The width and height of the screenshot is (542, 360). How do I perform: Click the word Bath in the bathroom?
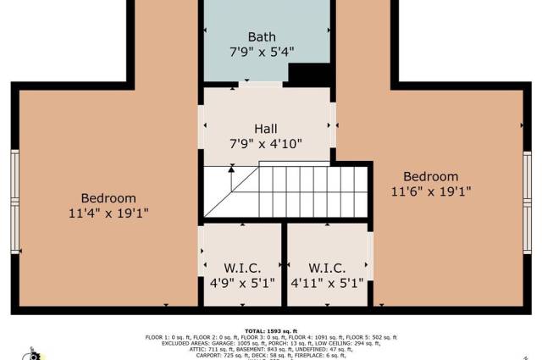(x=262, y=37)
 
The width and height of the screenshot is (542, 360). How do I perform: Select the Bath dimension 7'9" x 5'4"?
(x=262, y=52)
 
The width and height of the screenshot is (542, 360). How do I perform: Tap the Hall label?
(x=266, y=130)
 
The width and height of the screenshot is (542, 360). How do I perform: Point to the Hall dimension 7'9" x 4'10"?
(x=266, y=144)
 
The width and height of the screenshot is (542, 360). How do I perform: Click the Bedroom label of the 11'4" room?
(x=108, y=199)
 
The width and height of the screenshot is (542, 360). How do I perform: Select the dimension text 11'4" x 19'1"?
(x=108, y=213)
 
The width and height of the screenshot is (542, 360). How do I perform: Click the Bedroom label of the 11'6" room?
(x=431, y=176)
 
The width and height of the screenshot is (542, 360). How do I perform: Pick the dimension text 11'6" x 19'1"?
(x=431, y=191)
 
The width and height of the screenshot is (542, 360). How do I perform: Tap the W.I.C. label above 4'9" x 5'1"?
(x=242, y=269)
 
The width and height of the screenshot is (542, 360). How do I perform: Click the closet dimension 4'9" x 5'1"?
(x=242, y=284)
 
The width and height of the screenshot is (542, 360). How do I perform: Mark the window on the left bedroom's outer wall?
(x=14, y=202)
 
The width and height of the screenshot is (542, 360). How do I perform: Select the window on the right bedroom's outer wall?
(x=527, y=202)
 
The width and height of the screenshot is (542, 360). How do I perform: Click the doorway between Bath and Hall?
(x=260, y=84)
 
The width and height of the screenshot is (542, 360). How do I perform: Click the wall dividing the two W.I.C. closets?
(x=285, y=264)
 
